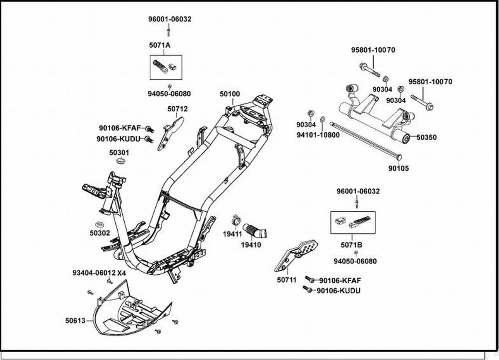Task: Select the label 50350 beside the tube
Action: (x=427, y=138)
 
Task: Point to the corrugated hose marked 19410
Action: (x=255, y=231)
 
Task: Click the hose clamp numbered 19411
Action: (x=236, y=220)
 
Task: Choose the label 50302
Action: (x=100, y=233)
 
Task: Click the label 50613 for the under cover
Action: (x=75, y=321)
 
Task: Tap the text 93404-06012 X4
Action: (x=99, y=273)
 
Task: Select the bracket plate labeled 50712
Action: (x=171, y=134)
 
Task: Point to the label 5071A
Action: (x=160, y=45)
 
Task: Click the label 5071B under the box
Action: (x=351, y=245)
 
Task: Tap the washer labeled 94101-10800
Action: (x=322, y=119)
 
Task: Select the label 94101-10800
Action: (x=318, y=135)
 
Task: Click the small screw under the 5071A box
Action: (x=170, y=86)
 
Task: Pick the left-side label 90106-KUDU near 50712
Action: (x=118, y=139)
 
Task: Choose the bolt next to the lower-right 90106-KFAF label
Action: (x=310, y=279)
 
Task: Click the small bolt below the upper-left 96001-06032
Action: (x=169, y=31)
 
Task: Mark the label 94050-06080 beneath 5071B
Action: (x=355, y=261)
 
